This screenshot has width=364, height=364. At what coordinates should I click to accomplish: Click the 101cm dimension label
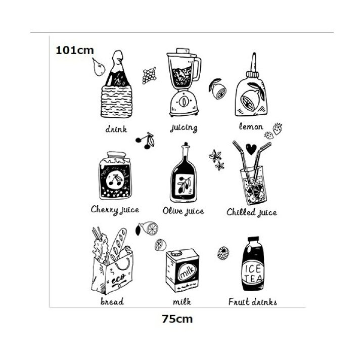point(75,51)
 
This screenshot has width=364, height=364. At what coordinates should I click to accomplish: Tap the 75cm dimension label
point(177,319)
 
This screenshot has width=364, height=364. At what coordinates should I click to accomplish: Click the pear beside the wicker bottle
point(99,67)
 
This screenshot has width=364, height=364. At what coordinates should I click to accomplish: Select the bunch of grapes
point(149,75)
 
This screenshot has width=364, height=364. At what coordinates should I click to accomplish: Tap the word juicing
point(184,128)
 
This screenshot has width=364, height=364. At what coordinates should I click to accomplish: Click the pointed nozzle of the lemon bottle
point(254,62)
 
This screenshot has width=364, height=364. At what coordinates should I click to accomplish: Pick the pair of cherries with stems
point(146,140)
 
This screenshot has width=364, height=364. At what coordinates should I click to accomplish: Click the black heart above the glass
point(251,149)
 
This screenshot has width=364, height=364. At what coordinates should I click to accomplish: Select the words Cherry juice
point(115,210)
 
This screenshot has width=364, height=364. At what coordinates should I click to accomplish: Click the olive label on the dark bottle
point(185,184)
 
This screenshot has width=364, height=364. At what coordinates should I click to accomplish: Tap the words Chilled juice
point(252,212)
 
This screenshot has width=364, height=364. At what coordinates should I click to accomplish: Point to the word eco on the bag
point(118,279)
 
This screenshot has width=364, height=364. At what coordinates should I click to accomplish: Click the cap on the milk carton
point(177,253)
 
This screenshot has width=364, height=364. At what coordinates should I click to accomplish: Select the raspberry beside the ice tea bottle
point(223,253)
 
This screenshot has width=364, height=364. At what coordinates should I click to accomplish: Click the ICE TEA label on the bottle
point(253,274)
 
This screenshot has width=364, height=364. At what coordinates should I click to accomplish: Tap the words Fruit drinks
point(253,302)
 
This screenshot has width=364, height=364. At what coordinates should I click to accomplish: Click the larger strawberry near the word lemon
point(277,128)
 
